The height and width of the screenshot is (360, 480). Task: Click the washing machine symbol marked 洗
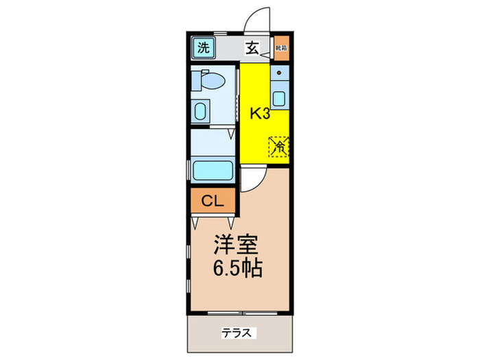click(x=202, y=47)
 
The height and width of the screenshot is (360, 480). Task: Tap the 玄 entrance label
click(x=252, y=48)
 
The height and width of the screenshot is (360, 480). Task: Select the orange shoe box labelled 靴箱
click(x=280, y=48)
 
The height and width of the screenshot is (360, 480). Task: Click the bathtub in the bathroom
click(x=213, y=170)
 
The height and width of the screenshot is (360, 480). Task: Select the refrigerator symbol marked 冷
click(x=279, y=146)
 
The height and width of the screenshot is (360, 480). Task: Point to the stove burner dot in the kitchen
click(x=280, y=71)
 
